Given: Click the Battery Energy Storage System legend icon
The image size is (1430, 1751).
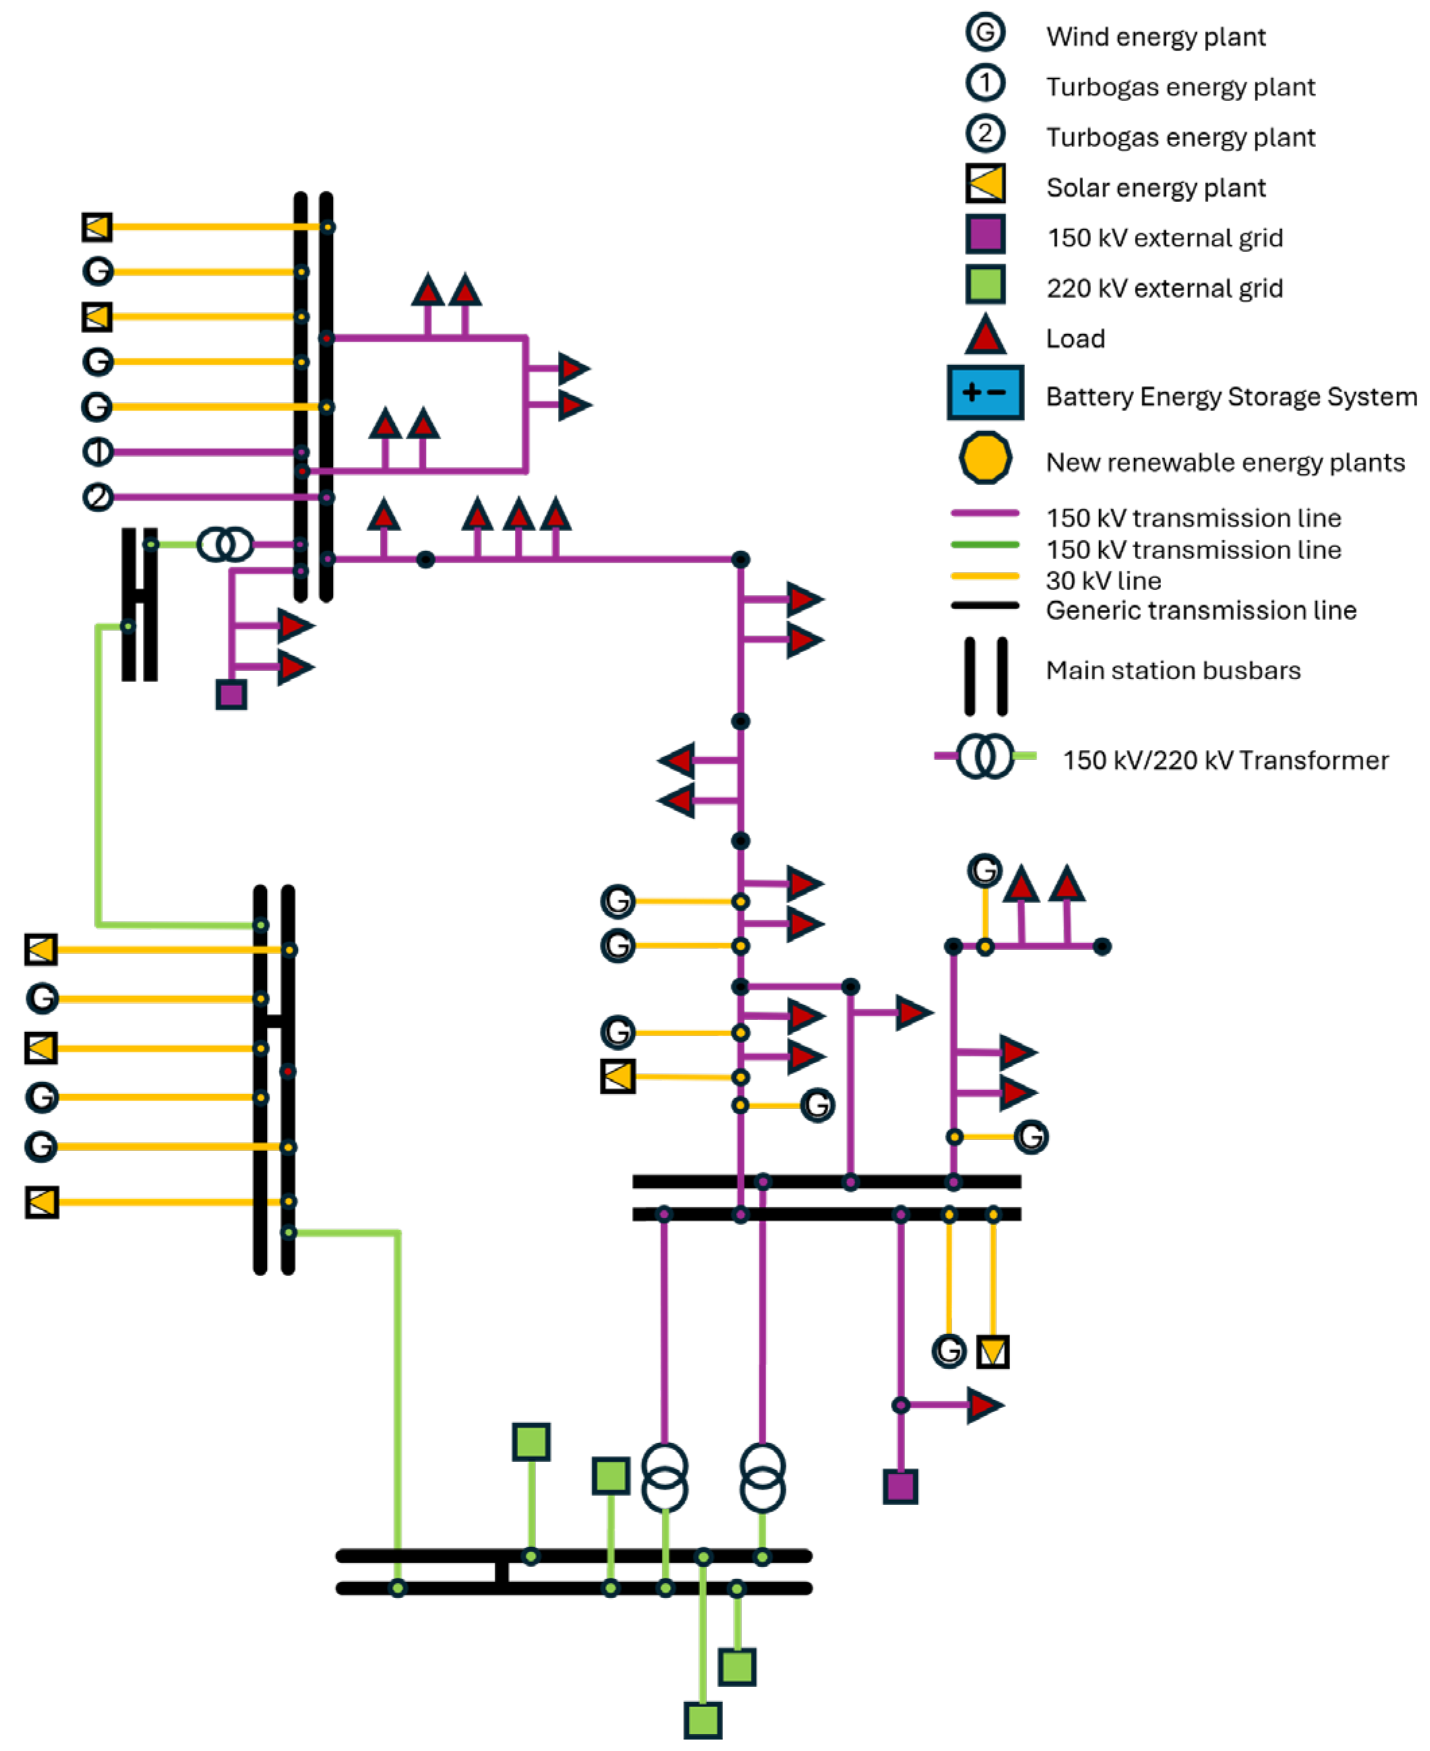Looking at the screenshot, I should click(x=985, y=393).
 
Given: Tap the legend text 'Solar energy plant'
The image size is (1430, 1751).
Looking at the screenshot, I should click(x=1155, y=188).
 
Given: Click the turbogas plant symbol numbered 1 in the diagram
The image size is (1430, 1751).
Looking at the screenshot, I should click(x=98, y=451).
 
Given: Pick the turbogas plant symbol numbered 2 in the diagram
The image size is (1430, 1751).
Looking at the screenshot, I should click(x=98, y=497).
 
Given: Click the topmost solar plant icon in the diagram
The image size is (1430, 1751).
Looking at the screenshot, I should click(x=97, y=226).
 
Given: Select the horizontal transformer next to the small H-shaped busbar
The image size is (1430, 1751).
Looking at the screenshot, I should click(x=225, y=544).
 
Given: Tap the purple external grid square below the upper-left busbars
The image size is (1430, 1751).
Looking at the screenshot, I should click(x=231, y=695).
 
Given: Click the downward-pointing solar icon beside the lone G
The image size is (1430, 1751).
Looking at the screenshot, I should click(x=993, y=1351).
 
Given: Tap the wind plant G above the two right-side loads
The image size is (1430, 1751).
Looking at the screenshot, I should click(x=985, y=870).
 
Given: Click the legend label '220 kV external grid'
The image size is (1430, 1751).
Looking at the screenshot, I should click(x=1164, y=288).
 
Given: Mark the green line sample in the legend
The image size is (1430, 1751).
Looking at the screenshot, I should click(x=985, y=544).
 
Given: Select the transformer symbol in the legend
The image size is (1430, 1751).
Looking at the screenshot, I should click(x=985, y=755).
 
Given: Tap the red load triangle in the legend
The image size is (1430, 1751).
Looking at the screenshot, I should click(x=985, y=336).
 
